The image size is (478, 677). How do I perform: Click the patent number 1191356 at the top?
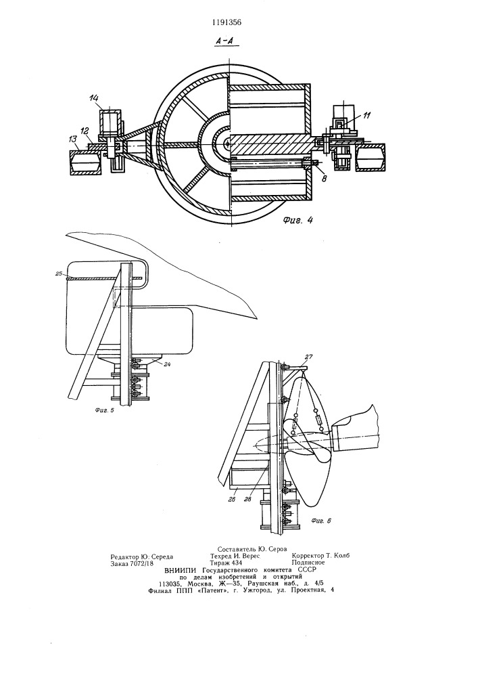pyautogui.click(x=227, y=23)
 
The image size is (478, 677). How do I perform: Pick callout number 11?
pyautogui.click(x=366, y=115)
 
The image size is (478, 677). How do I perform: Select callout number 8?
pyautogui.click(x=324, y=176)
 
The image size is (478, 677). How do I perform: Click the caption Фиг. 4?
pyautogui.click(x=297, y=220)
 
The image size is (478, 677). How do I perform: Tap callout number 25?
pyautogui.click(x=59, y=274)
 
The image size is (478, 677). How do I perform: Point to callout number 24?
pyautogui.click(x=167, y=364)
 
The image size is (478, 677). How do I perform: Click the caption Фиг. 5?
pyautogui.click(x=104, y=410)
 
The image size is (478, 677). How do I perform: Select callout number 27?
pyautogui.click(x=308, y=357)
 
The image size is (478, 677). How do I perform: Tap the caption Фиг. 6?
pyautogui.click(x=322, y=521)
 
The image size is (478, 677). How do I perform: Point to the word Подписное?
pyautogui.click(x=308, y=563)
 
